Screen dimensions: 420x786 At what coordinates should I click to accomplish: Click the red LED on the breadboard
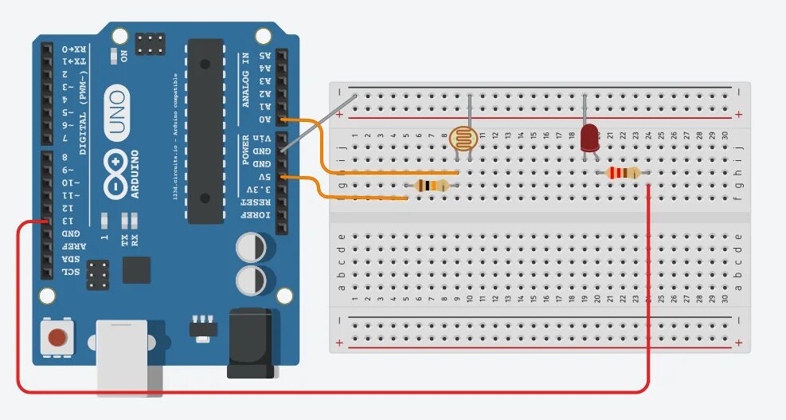589,137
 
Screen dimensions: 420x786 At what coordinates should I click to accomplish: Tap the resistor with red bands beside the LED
623,172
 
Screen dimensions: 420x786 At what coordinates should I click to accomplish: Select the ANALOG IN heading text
245,80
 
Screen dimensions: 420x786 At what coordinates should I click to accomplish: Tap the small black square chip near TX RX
136,269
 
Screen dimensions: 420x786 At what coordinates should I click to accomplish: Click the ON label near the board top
123,56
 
